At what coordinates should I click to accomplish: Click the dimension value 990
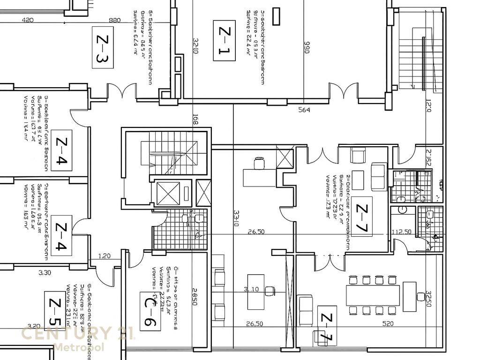[307, 47]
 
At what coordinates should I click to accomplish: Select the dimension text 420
[28, 20]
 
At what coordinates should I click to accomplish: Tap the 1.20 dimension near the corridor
[105, 256]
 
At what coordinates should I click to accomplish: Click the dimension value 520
[388, 323]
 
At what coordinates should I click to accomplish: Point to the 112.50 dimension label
[401, 232]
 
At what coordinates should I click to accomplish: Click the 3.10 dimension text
[251, 289]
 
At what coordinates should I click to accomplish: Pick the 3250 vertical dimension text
[428, 298]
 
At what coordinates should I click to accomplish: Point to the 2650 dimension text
[194, 296]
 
